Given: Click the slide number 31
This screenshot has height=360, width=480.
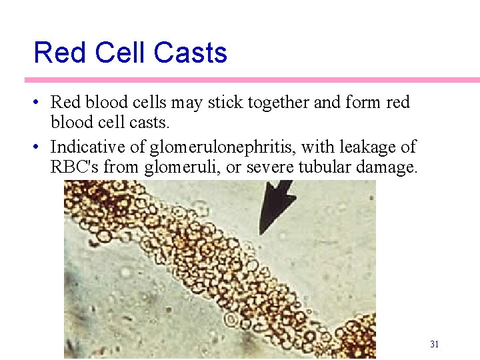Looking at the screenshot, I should pos(434,344).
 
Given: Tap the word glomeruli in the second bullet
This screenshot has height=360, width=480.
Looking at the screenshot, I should pos(181,167).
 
